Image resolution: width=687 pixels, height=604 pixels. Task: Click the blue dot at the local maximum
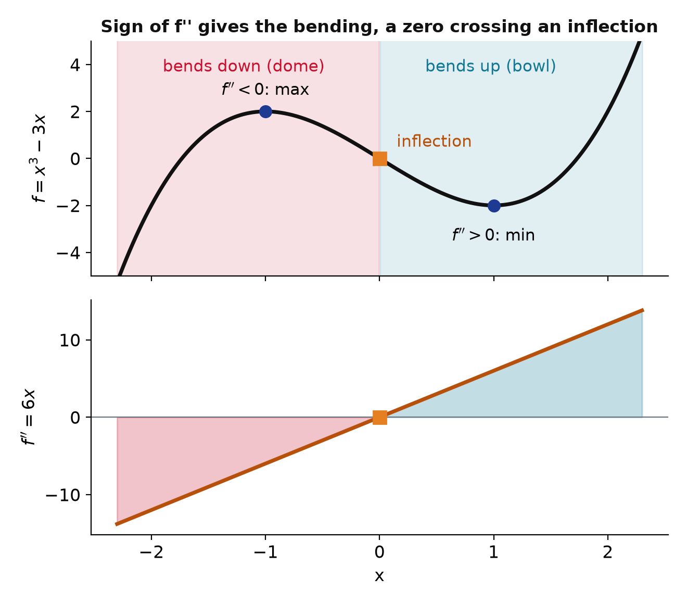click(x=265, y=111)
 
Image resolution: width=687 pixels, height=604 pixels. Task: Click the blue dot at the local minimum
click(x=494, y=206)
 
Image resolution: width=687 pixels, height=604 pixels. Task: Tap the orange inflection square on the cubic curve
click(x=380, y=158)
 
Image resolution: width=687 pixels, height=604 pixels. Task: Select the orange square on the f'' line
click(x=380, y=418)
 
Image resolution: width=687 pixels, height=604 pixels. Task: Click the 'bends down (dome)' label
click(x=244, y=66)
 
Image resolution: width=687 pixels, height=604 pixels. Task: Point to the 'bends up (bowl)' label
click(x=491, y=66)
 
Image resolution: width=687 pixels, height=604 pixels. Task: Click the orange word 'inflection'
click(x=434, y=141)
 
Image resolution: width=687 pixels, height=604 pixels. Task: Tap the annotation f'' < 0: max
click(x=265, y=90)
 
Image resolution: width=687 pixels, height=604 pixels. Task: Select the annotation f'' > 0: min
click(x=493, y=235)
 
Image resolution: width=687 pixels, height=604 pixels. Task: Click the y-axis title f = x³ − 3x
click(x=39, y=158)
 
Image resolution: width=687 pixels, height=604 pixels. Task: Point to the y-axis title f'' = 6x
click(x=28, y=417)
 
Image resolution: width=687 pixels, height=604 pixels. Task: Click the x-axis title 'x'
click(x=379, y=576)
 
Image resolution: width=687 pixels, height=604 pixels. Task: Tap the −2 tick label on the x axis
click(x=151, y=552)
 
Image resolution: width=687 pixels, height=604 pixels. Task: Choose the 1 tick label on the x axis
click(x=494, y=552)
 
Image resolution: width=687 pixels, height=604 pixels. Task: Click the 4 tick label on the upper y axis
click(x=75, y=65)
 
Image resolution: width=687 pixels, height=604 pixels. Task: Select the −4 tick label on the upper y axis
click(x=68, y=253)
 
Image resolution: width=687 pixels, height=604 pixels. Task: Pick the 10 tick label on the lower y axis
click(x=70, y=341)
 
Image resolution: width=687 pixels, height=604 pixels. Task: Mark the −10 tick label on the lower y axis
click(x=63, y=495)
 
